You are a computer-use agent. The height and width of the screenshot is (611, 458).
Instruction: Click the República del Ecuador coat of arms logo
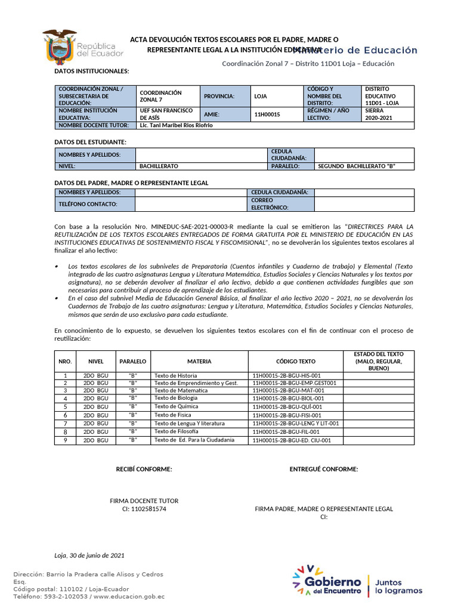60,47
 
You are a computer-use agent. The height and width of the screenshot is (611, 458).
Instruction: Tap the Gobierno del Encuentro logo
327,581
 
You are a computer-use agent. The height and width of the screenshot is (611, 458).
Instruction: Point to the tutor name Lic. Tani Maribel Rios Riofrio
175,126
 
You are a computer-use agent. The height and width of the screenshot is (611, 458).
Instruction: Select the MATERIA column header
199,362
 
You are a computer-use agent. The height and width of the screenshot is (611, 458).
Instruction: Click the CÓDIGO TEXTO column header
295,362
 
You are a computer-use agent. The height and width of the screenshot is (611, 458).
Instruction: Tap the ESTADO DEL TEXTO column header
378,362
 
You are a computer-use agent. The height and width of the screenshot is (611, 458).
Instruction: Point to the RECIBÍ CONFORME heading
144,469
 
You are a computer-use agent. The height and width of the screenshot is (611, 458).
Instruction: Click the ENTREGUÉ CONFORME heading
324,469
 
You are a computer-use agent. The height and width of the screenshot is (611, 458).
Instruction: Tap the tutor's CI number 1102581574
144,509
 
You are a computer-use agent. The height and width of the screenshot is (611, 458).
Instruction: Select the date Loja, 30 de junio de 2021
89,555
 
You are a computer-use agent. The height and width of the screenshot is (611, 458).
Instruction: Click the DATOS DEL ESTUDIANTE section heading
90,141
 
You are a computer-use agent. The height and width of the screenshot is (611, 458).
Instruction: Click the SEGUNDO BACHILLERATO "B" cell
357,166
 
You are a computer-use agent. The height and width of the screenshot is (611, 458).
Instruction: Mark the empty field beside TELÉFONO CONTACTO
191,204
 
